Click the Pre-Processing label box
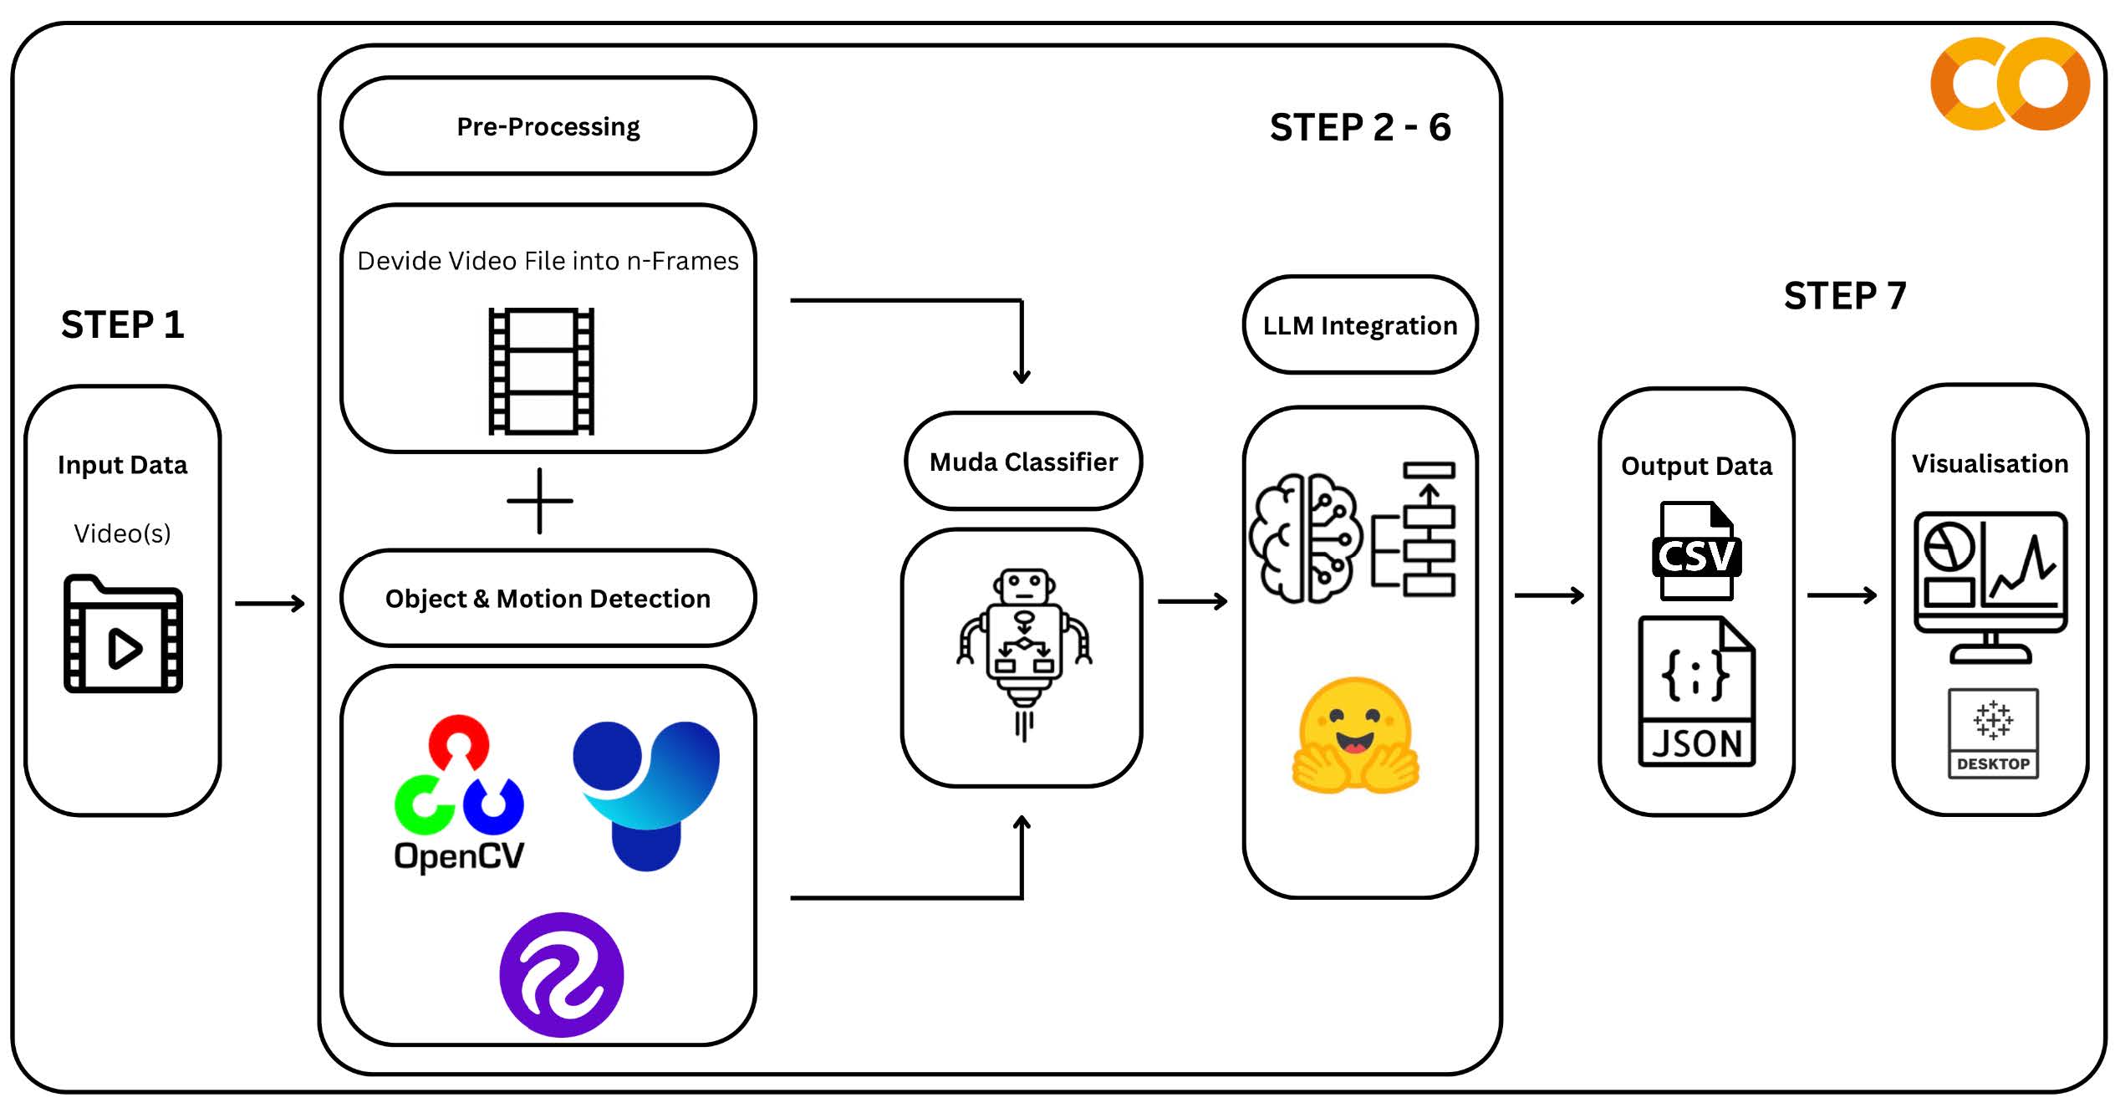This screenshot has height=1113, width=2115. coord(548,126)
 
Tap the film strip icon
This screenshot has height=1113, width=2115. coord(541,371)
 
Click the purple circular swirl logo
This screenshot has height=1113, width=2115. coord(561,974)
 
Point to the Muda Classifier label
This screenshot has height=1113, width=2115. coord(1023,462)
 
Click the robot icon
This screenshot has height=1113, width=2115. coord(1024,652)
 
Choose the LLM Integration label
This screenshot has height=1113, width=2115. coord(1359,325)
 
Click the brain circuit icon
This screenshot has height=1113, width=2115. coord(1304,538)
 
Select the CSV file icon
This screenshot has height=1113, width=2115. coord(1696,552)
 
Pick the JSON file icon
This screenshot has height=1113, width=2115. coord(1696,692)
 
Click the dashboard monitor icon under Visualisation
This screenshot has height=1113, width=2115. coord(1990,586)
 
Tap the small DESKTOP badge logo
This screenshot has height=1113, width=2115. coord(1993,733)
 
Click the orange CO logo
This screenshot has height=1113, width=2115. coord(2010,84)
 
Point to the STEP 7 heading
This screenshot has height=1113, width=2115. coord(1844,296)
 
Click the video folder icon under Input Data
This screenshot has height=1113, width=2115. coord(123,634)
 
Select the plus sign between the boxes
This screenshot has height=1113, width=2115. coord(540,501)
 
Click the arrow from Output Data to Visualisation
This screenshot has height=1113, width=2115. coord(1842,595)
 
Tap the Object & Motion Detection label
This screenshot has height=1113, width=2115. coord(548,599)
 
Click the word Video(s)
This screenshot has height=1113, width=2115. coord(122,534)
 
